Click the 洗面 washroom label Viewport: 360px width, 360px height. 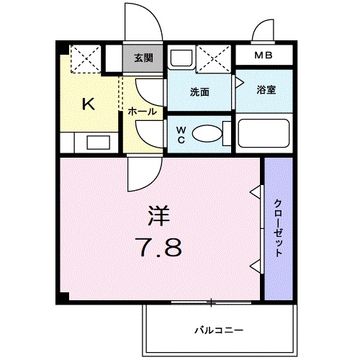coord(199,92)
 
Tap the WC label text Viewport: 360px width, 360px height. coord(181,135)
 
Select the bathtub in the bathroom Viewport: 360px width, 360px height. coord(264,135)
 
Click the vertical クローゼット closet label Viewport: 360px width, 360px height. coord(278,229)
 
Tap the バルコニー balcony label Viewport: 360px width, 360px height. coord(218,330)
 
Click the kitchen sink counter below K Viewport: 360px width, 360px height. coord(92,140)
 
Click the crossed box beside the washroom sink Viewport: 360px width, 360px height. coord(215,57)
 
